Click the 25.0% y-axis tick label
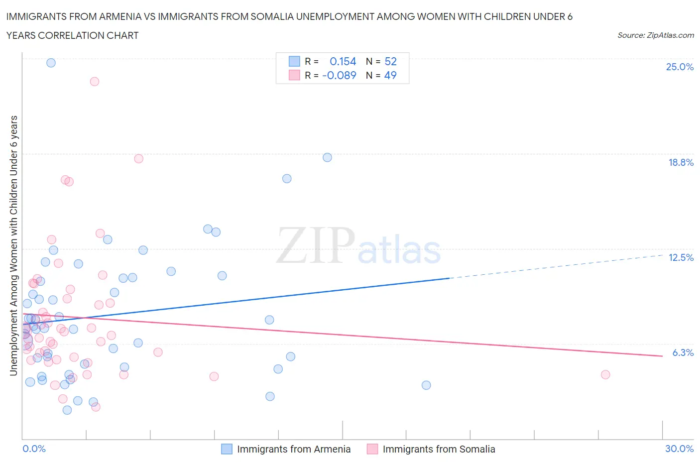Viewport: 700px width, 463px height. [x=680, y=67]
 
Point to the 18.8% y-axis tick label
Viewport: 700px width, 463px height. [x=681, y=162]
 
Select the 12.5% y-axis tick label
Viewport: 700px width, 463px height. [x=681, y=257]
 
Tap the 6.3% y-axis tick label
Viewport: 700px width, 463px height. [x=683, y=352]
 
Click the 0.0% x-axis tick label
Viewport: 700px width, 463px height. [x=34, y=449]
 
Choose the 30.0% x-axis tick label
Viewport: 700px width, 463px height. [x=679, y=449]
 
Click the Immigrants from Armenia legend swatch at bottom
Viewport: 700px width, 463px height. [x=227, y=449]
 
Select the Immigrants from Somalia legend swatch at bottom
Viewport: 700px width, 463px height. [x=372, y=449]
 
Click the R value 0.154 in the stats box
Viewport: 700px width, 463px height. [x=343, y=61]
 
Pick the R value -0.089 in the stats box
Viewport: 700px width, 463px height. [x=339, y=75]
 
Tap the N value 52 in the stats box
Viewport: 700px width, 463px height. [x=390, y=61]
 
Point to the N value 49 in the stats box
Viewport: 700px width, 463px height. [x=390, y=75]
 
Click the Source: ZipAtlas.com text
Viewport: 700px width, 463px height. [x=655, y=35]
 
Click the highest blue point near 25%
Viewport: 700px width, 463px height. [x=51, y=63]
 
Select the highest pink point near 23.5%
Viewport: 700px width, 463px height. [x=95, y=81]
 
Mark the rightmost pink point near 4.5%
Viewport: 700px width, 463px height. [x=605, y=374]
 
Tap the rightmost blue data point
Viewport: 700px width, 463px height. [x=426, y=385]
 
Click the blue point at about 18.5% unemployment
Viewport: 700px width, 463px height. [x=327, y=157]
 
